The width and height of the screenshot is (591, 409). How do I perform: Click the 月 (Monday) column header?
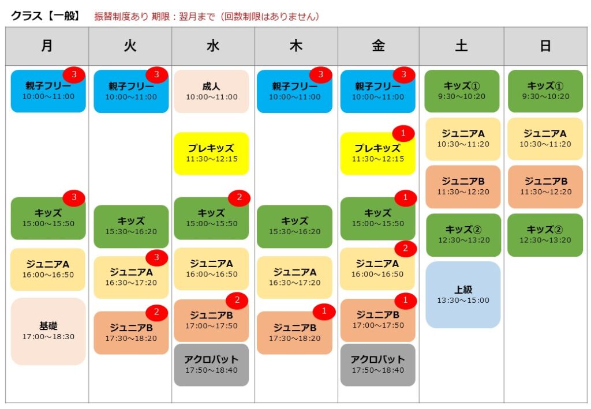tap(47, 46)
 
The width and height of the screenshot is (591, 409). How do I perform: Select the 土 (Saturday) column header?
tap(461, 46)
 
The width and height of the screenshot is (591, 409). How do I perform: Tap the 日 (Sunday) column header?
tap(545, 46)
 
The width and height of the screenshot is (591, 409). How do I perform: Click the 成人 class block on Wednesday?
tap(211, 91)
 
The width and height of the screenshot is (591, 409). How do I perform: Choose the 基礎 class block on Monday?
tap(48, 331)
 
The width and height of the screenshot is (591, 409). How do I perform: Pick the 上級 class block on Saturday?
tap(463, 295)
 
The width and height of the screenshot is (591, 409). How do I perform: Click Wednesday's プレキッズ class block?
tap(211, 153)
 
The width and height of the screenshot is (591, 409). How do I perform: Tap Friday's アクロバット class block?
tap(377, 365)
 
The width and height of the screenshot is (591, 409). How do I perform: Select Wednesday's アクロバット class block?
tap(211, 365)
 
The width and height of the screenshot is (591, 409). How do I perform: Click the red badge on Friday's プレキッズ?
tap(403, 133)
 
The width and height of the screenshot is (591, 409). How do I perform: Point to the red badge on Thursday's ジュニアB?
tap(324, 312)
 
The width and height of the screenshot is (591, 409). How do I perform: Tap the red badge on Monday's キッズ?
tap(74, 197)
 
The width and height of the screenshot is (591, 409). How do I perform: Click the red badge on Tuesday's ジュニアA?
tap(156, 258)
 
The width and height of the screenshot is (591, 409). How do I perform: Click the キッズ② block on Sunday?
tap(545, 235)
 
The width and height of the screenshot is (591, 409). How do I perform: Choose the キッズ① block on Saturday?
tap(462, 91)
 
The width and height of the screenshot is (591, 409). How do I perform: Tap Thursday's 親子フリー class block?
tap(295, 91)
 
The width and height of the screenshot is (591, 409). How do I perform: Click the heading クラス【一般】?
tap(46, 16)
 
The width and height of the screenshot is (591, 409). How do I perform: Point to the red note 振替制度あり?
tap(121, 17)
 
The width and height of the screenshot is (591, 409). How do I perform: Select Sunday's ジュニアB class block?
tap(545, 187)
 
